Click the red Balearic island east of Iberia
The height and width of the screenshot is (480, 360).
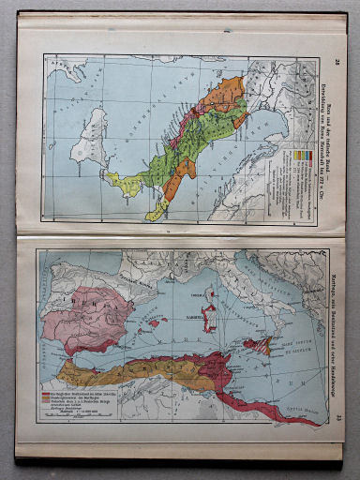153,323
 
